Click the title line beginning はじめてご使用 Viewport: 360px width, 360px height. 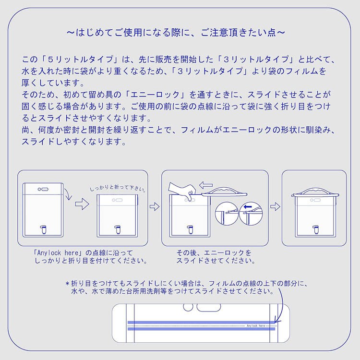pyautogui.click(x=176, y=32)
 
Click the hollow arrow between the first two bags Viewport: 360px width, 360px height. pyautogui.click(x=82, y=204)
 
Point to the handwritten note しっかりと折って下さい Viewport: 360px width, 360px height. pyautogui.click(x=118, y=188)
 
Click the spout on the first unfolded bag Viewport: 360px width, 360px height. pyautogui.click(x=43, y=229)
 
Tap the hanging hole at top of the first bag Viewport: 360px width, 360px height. pyautogui.click(x=43, y=190)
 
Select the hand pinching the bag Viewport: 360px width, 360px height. pyautogui.click(x=182, y=191)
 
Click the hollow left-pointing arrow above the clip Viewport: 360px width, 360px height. pyautogui.click(x=206, y=185)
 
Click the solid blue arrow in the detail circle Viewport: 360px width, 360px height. pyautogui.click(x=248, y=207)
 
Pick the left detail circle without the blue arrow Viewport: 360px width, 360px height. pyautogui.click(x=227, y=213)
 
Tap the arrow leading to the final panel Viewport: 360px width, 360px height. pyautogui.click(x=276, y=206)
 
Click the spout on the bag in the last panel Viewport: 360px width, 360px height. pyautogui.click(x=316, y=229)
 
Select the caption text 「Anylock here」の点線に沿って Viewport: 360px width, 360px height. pyautogui.click(x=83, y=253)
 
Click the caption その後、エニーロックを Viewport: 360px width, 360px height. pyautogui.click(x=214, y=253)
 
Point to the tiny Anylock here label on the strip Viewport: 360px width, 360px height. pyautogui.click(x=256, y=325)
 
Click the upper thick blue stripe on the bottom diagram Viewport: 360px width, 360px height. pyautogui.click(x=201, y=323)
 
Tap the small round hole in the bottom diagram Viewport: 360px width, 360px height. pyautogui.click(x=188, y=307)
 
